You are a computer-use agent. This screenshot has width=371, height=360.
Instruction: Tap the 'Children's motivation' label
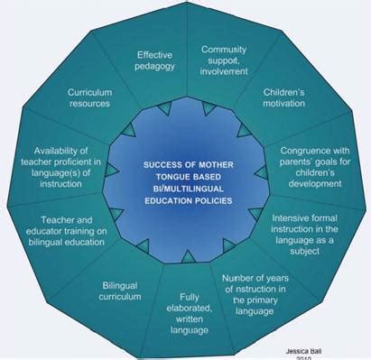285,98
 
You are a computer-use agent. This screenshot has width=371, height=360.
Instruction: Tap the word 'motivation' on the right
285,105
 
